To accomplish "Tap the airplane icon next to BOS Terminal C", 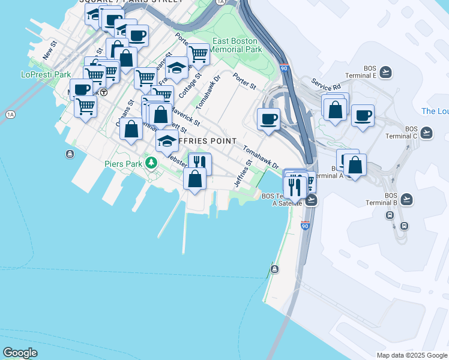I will tap(427, 133).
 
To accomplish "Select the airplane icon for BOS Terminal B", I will tap(406, 199).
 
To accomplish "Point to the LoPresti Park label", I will tap(46, 75).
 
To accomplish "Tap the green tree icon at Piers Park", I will tap(152, 162).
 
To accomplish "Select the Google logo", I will tap(20, 353).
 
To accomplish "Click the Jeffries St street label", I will tap(243, 173).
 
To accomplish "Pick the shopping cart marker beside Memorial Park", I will tap(198, 54).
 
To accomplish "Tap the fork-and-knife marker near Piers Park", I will tap(200, 162).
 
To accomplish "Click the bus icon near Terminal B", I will tap(404, 226).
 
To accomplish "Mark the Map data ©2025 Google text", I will tap(412, 355).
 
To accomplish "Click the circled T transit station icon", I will tap(104, 92).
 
